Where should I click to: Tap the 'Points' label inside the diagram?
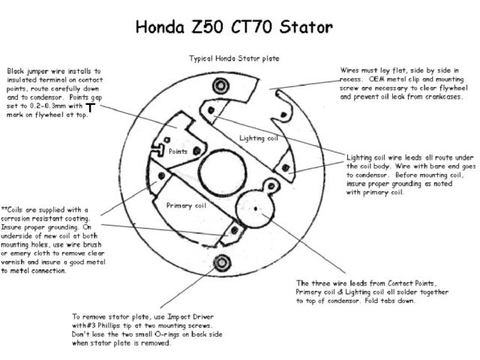(x=178, y=151)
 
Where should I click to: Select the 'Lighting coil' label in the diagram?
(x=257, y=139)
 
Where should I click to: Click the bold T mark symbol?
(x=90, y=108)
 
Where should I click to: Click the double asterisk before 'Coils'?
(x=5, y=209)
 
